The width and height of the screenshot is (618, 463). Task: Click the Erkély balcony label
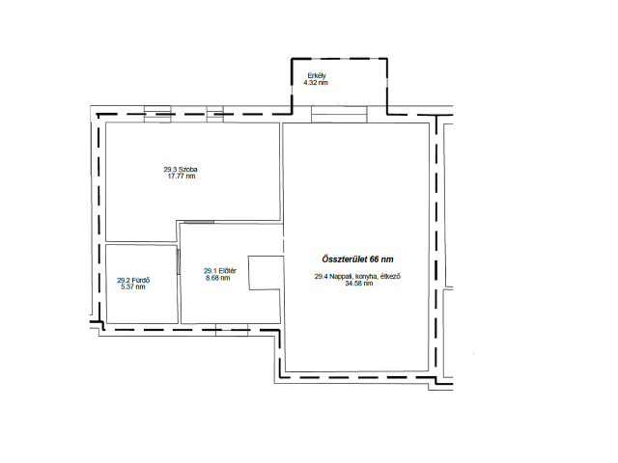pyautogui.click(x=317, y=75)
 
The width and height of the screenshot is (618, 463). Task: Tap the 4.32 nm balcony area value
pyautogui.click(x=316, y=83)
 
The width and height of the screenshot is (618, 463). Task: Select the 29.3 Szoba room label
pyautogui.click(x=181, y=170)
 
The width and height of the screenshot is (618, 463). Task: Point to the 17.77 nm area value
pyautogui.click(x=182, y=176)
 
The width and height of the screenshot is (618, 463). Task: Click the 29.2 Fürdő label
pyautogui.click(x=133, y=281)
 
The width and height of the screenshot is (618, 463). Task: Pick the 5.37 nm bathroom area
pyautogui.click(x=133, y=287)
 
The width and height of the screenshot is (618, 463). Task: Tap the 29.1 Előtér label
pyautogui.click(x=220, y=271)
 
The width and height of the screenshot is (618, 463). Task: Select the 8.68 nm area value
pyautogui.click(x=218, y=278)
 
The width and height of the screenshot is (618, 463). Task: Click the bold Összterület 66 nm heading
pyautogui.click(x=357, y=259)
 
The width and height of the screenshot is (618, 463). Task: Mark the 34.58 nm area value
pyautogui.click(x=359, y=283)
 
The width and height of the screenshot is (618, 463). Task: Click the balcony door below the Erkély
pyautogui.click(x=339, y=114)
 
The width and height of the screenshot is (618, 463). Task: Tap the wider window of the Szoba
pyautogui.click(x=157, y=114)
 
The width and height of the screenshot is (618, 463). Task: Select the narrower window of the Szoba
pyautogui.click(x=215, y=114)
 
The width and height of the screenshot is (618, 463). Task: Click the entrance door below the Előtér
pyautogui.click(x=232, y=330)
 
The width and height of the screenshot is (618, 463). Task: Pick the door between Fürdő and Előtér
pyautogui.click(x=178, y=261)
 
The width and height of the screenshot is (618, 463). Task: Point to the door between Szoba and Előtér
pyautogui.click(x=199, y=223)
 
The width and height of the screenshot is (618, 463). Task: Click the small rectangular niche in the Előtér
pyautogui.click(x=267, y=273)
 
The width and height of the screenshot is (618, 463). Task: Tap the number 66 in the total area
pyautogui.click(x=375, y=259)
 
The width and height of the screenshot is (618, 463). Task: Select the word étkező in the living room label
pyautogui.click(x=390, y=277)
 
